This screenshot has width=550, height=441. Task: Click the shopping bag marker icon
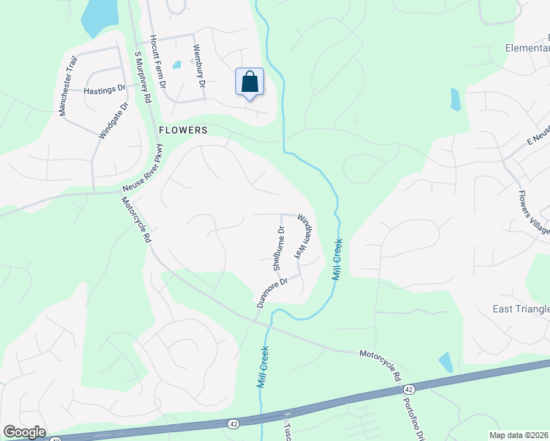point(250,82)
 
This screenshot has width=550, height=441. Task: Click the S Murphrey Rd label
point(143,76)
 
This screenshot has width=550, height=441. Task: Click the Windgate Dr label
point(113,121)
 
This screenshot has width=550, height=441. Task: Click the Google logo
point(24,432)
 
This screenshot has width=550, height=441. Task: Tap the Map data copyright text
point(519,435)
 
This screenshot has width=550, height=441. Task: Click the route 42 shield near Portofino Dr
point(410,387)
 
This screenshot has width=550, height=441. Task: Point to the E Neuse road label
point(538,137)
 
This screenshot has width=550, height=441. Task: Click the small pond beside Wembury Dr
point(176,64)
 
